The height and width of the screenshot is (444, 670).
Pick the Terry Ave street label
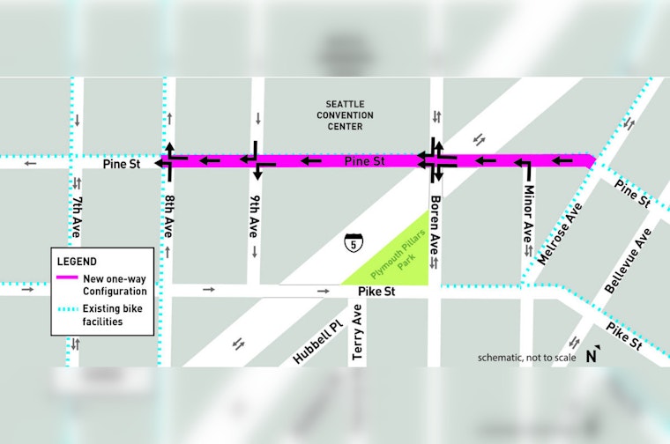pos(357,333)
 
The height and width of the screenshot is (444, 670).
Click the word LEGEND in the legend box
pos(77,262)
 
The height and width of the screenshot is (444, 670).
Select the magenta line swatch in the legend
pos(67,278)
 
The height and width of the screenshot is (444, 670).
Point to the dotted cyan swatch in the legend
pos(67,307)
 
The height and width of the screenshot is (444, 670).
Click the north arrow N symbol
pos(593,356)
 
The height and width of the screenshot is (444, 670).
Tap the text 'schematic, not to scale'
pos(526,358)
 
